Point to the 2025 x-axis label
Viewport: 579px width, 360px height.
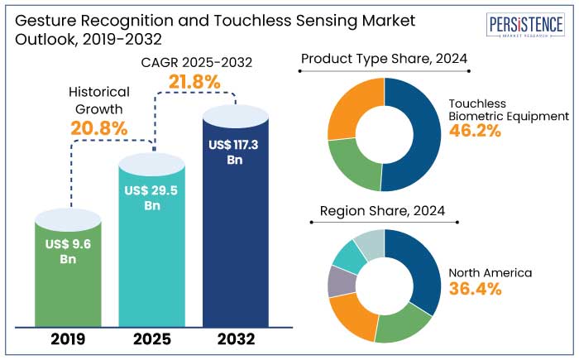[152, 339]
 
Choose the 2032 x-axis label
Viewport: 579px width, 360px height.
[235, 339]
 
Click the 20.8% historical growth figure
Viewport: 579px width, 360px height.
[98, 128]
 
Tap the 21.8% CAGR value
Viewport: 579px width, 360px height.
[196, 82]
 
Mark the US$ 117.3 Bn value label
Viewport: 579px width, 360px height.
[235, 151]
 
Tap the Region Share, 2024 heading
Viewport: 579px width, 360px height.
[383, 212]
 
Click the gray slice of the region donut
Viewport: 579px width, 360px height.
[337, 281]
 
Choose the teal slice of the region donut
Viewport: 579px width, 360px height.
[349, 257]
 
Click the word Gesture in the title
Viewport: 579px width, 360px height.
[40, 20]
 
